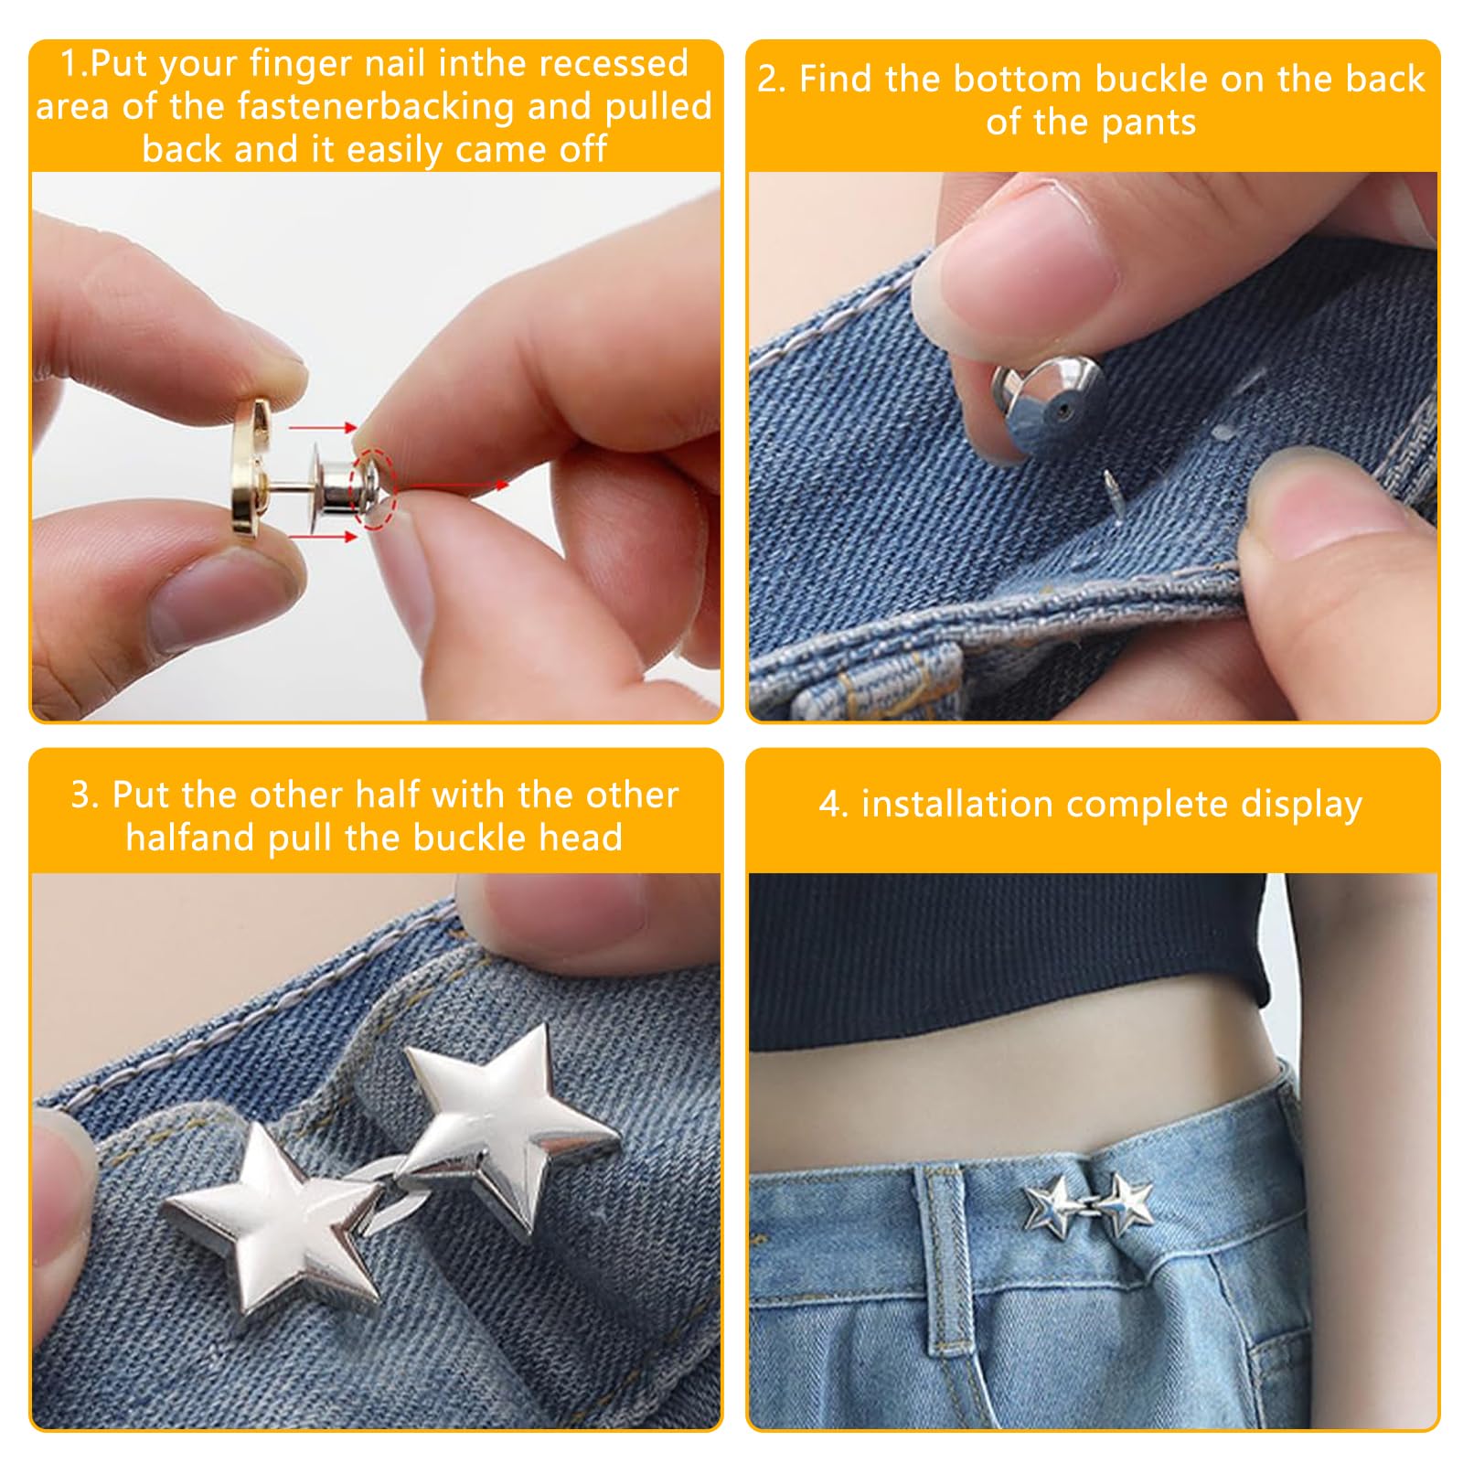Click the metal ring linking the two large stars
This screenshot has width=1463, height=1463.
389,1180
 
